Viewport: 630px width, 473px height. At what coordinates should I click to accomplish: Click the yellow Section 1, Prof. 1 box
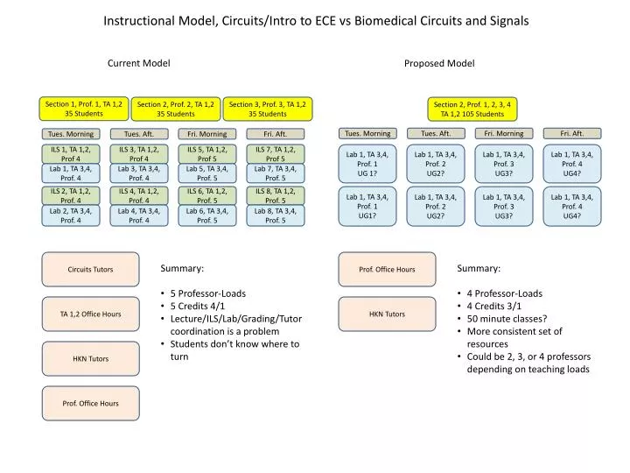(84, 109)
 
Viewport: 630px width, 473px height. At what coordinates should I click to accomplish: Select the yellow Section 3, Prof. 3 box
(267, 109)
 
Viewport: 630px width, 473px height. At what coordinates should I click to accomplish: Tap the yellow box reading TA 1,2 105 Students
(472, 109)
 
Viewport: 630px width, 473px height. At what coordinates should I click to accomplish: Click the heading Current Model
(138, 63)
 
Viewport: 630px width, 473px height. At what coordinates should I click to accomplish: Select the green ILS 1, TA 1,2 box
(70, 154)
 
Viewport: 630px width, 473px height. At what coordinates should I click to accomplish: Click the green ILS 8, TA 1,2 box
(276, 195)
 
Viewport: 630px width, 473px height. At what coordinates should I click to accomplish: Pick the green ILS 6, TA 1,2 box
(207, 195)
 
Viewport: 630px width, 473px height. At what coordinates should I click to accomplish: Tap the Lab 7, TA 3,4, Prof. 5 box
(276, 173)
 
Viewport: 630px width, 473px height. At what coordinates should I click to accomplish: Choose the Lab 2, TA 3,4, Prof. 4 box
(70, 215)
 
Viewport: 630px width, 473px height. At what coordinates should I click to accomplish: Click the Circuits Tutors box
(90, 270)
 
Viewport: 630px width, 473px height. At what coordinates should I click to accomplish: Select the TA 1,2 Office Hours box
(90, 314)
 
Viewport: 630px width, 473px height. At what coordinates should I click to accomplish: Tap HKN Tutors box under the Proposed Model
(387, 314)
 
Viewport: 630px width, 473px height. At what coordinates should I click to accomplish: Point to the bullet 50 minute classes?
(507, 319)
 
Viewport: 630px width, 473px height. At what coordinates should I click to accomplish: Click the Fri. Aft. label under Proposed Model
(572, 133)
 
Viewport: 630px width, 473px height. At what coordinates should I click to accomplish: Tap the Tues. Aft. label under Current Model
(138, 134)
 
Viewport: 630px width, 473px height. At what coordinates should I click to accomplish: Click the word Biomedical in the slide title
(388, 19)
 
